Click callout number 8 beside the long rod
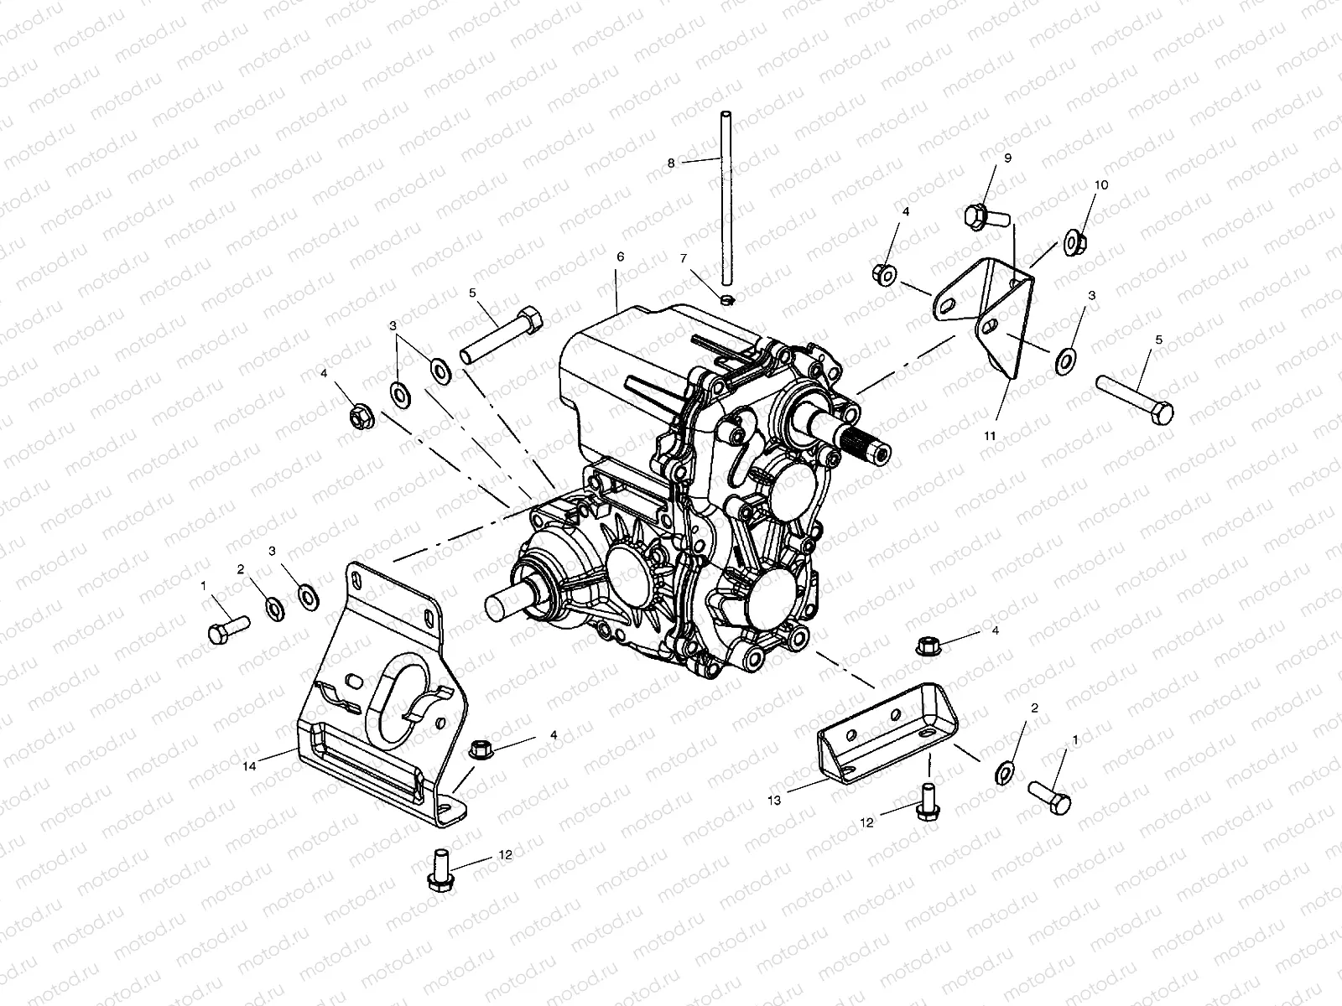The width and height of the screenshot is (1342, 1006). pos(671,163)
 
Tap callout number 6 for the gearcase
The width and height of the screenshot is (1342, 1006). pos(620,257)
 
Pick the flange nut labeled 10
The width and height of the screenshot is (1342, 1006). pos(1074,241)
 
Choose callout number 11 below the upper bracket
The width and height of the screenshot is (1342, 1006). pos(991,436)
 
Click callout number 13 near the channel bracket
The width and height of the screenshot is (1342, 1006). pos(773,801)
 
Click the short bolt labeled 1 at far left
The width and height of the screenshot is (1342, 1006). pos(226,629)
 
